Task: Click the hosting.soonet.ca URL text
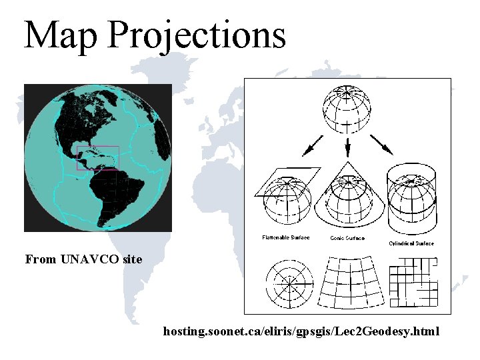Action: click(301, 331)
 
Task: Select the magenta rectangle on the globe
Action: click(98, 158)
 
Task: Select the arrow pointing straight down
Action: click(347, 147)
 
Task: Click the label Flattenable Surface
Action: click(285, 237)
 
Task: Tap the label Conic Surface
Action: click(347, 238)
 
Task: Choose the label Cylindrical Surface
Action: click(411, 243)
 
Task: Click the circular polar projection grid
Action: click(289, 283)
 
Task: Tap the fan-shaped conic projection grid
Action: click(349, 283)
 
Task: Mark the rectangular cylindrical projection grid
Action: click(413, 283)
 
